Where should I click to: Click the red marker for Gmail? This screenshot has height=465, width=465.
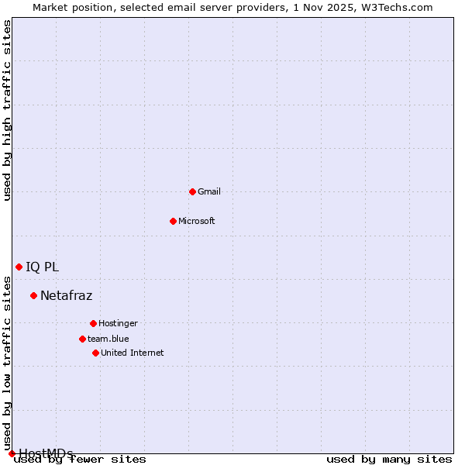click(192, 191)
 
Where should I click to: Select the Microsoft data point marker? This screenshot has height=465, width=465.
click(173, 221)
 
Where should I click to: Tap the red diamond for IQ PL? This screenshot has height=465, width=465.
click(19, 267)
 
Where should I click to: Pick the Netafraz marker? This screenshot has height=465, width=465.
click(33, 295)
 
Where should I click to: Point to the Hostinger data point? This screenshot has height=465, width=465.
click(93, 323)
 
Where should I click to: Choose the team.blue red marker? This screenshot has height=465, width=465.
click(82, 339)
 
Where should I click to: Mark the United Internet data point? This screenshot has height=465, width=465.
click(95, 353)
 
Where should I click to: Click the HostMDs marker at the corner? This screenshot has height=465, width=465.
click(12, 453)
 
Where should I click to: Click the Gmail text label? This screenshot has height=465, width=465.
click(209, 191)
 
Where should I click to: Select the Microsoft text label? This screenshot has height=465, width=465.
click(197, 221)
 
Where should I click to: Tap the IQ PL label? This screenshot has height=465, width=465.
click(42, 267)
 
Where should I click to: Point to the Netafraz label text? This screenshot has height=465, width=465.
click(67, 295)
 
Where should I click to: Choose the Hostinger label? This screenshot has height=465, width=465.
click(118, 323)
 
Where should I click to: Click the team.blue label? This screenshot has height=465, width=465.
click(108, 339)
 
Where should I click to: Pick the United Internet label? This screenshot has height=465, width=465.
click(133, 353)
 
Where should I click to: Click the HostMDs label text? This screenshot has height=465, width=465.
click(46, 453)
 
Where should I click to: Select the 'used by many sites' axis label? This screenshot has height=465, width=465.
click(389, 460)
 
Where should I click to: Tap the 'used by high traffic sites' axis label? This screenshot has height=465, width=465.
click(8, 110)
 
